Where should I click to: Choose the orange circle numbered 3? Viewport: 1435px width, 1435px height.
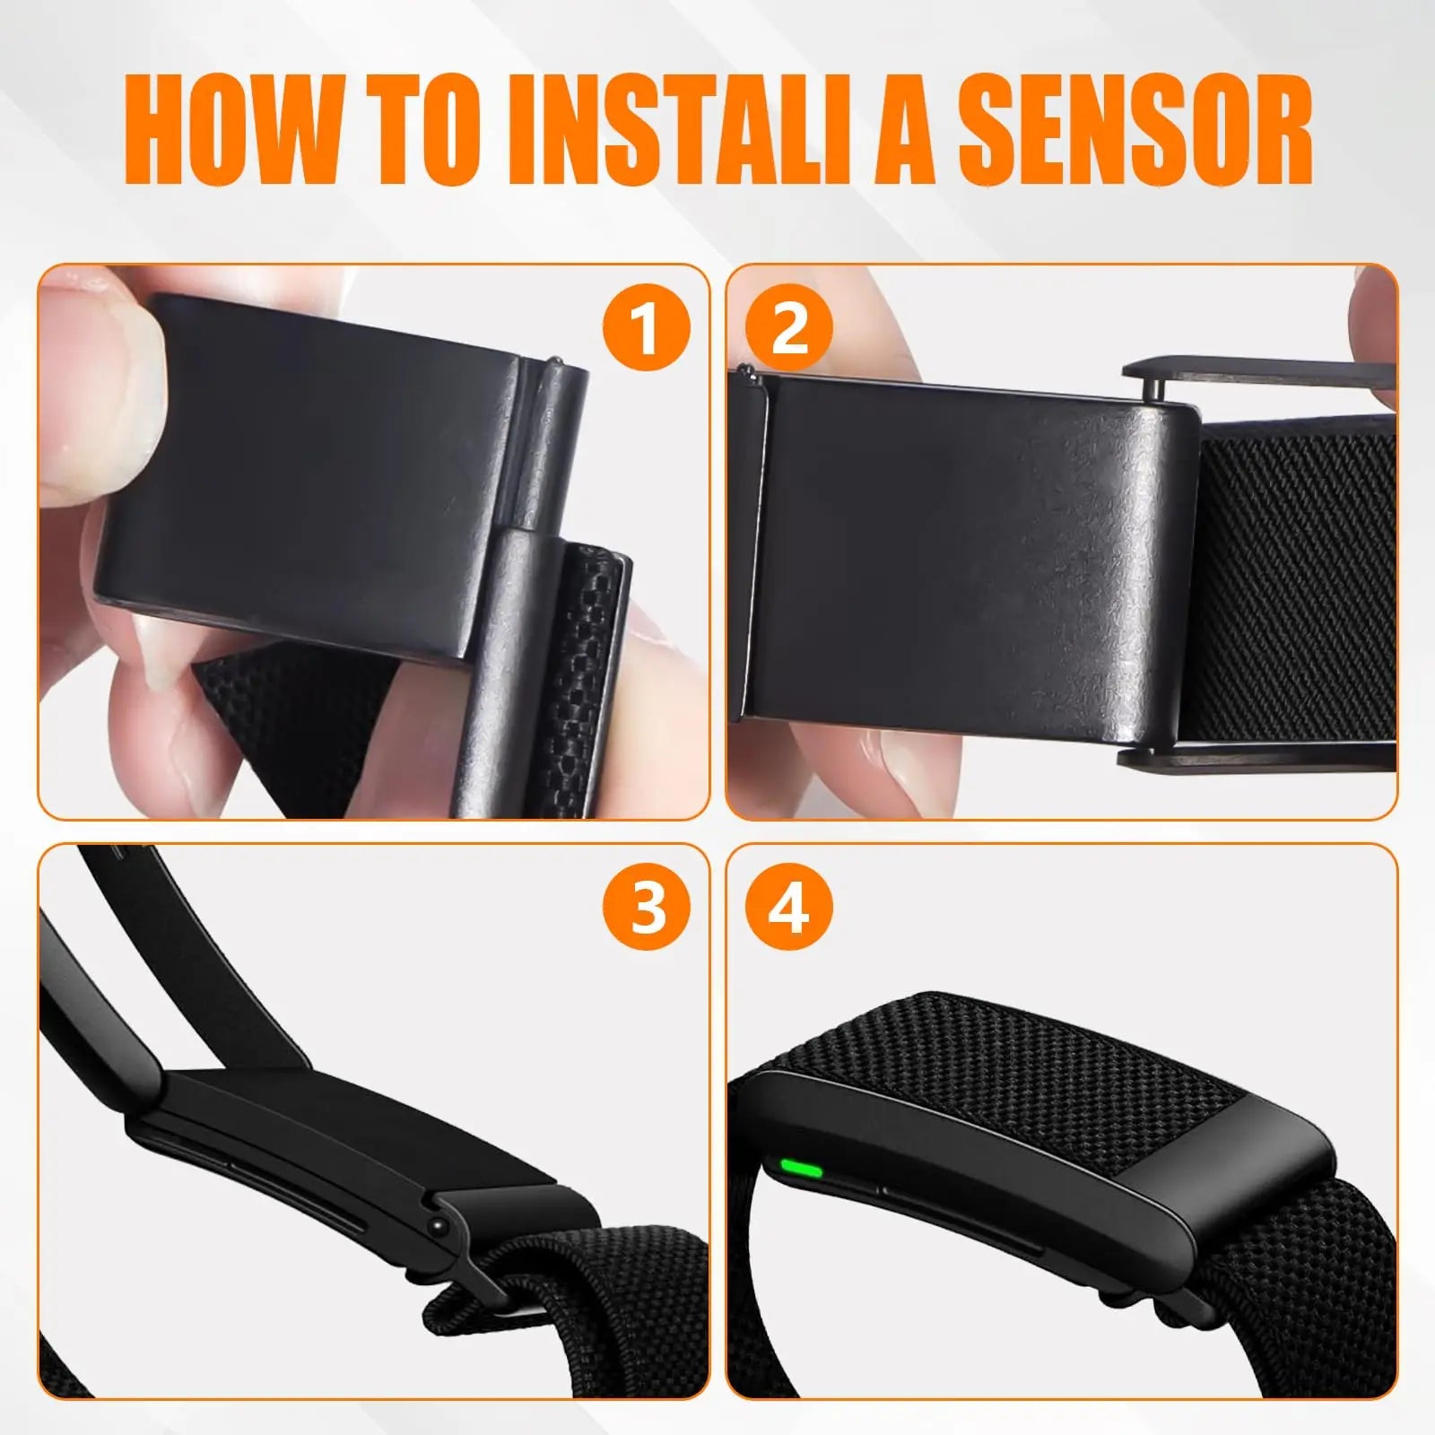pyautogui.click(x=646, y=908)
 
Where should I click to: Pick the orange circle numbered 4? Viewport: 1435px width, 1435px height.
pyautogui.click(x=789, y=908)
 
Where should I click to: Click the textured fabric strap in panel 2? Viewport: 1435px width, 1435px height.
pyautogui.click(x=1300, y=583)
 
